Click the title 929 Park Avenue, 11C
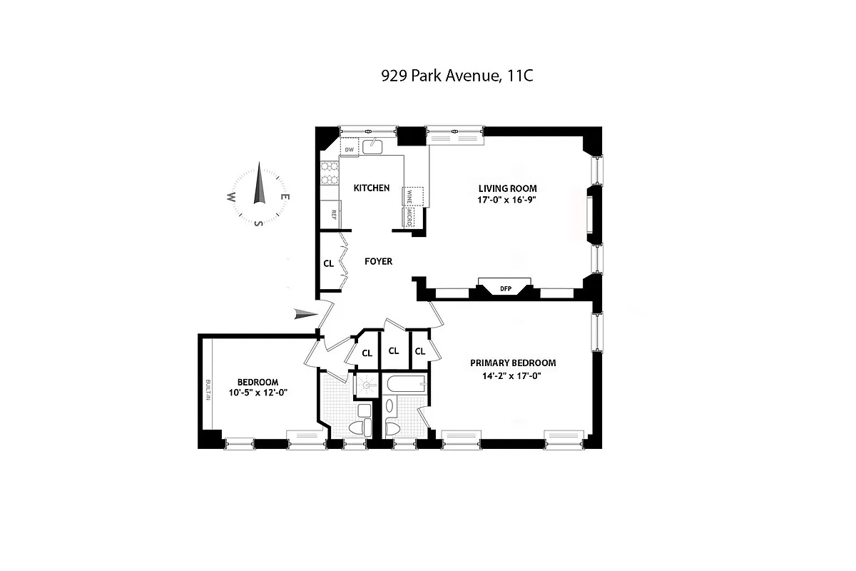tap(457, 76)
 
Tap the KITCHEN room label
tap(372, 188)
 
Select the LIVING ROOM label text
tap(506, 188)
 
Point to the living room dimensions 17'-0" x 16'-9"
tap(506, 200)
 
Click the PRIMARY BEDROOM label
tap(512, 363)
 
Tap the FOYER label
tap(378, 261)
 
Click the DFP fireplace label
tap(506, 289)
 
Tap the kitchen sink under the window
tap(372, 147)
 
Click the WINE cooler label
tap(409, 195)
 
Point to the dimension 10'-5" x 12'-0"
tap(258, 393)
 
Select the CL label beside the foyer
tap(329, 263)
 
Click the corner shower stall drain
tap(367, 385)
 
